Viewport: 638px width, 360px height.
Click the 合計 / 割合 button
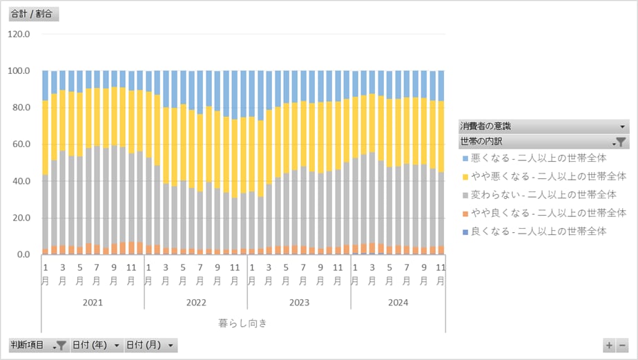coord(33,14)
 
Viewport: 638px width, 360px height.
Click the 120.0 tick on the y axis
coord(19,34)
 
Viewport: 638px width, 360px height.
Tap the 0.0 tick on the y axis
coord(23,255)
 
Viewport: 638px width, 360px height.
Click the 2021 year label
coord(93,303)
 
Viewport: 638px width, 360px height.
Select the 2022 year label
coord(196,303)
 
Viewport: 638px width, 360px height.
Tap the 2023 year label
coord(299,303)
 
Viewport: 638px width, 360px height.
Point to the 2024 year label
coord(398,303)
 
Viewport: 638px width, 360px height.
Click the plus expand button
coord(609,345)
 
